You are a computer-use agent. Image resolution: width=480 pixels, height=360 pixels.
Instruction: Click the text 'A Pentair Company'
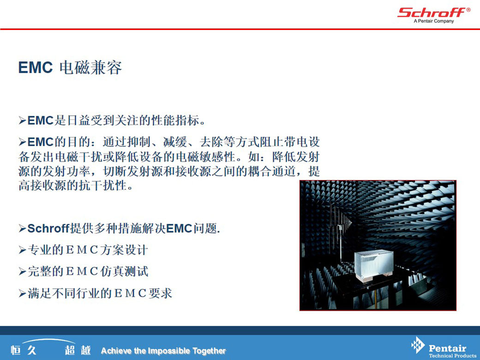pos(434,21)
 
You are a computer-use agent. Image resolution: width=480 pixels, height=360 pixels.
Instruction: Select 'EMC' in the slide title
pos(36,67)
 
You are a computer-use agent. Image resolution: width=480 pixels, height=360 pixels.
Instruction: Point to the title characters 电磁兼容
pos(90,68)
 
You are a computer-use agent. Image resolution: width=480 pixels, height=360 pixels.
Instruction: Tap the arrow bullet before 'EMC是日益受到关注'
pos(22,120)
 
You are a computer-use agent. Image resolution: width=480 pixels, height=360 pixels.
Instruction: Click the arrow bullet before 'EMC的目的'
pos(22,142)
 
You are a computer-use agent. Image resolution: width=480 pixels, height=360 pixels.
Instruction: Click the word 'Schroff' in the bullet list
pos(48,228)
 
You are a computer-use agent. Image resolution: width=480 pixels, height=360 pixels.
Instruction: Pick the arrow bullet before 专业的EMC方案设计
pos(22,250)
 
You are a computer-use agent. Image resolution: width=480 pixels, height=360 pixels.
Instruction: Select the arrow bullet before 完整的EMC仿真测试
pos(22,271)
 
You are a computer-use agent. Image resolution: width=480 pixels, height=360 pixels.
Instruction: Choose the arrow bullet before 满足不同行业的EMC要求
pos(22,294)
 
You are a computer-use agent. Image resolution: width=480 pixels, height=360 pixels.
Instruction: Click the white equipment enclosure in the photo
pos(374,265)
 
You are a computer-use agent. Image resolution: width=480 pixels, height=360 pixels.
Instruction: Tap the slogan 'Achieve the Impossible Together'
pos(163,350)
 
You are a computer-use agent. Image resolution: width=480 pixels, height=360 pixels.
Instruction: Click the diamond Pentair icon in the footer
pos(418,345)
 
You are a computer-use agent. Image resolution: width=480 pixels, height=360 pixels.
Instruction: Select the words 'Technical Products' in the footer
pos(452,355)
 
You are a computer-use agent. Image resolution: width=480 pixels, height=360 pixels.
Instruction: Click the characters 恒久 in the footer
pos(24,350)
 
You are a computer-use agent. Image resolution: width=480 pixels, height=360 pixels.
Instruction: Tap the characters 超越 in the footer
pos(78,350)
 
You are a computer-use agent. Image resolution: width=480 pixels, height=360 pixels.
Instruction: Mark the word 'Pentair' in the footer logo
pos(448,348)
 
